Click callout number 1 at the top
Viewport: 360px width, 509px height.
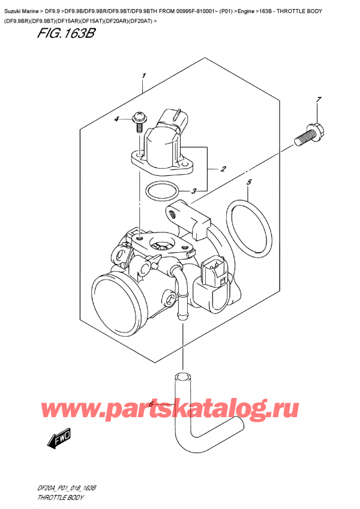click(x=144, y=76)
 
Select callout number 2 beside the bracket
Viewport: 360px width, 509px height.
click(x=223, y=169)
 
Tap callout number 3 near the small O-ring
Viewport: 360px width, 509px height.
click(x=194, y=191)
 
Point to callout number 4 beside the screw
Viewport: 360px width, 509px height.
click(x=118, y=119)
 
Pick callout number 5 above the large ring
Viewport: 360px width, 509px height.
click(x=250, y=181)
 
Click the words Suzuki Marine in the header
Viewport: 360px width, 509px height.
click(x=25, y=7)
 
